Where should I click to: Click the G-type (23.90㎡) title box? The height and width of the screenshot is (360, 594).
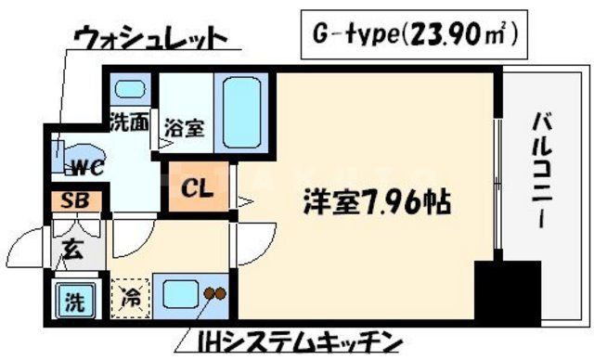click(x=414, y=36)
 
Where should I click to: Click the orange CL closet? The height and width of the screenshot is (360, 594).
click(x=198, y=190)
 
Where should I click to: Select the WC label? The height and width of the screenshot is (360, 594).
click(x=89, y=167)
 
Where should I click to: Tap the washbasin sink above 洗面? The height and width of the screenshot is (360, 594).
click(x=131, y=91)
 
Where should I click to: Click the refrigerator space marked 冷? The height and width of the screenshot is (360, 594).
click(x=129, y=299)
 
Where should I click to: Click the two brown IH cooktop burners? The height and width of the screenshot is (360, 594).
click(x=216, y=295)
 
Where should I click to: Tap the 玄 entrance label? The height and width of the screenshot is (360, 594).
click(x=71, y=249)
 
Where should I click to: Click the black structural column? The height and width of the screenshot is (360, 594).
click(x=507, y=291)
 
